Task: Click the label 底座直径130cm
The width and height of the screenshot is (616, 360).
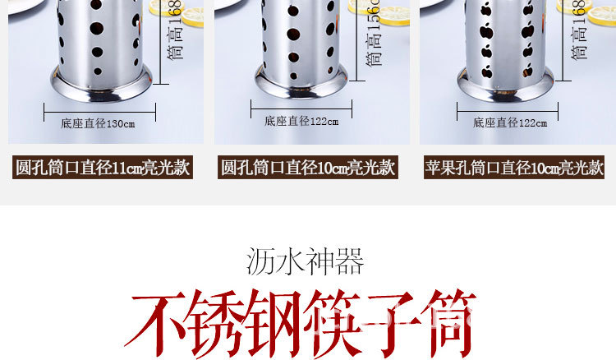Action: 97,124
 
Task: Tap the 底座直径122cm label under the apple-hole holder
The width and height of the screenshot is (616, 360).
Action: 509,122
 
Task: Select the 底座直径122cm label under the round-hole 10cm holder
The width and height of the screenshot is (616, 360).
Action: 301,121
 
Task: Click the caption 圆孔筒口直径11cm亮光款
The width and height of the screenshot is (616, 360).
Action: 103,168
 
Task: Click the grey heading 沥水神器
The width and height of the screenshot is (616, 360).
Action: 305,261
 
